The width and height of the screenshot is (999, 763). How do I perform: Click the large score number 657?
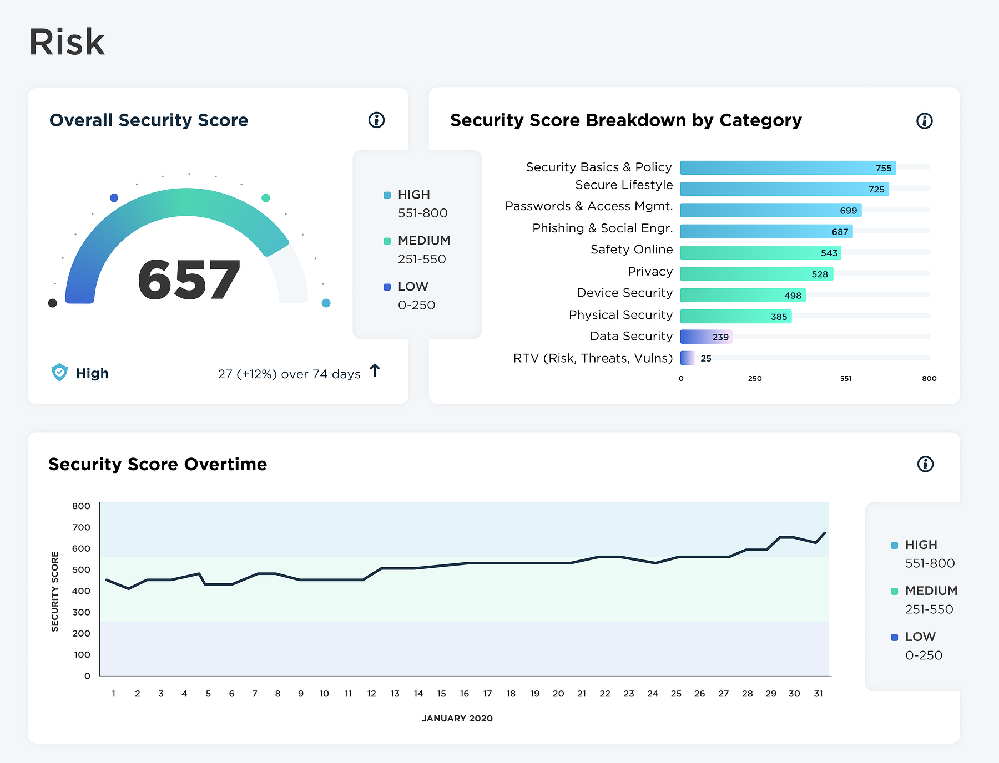(x=189, y=281)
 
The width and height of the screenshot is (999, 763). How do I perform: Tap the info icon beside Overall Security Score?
(x=376, y=120)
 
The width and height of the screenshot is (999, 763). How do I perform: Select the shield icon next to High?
(x=59, y=372)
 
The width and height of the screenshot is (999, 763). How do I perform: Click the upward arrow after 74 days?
(x=375, y=370)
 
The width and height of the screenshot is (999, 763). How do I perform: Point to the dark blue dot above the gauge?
(x=114, y=198)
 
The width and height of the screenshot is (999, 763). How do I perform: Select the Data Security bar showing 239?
(x=705, y=337)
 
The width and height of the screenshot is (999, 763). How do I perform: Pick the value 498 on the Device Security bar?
(x=793, y=296)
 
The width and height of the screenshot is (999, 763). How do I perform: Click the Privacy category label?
(x=650, y=272)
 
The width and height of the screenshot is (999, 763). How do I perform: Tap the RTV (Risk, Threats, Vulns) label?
(x=593, y=358)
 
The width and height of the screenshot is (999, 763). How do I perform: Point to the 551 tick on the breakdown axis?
(x=845, y=379)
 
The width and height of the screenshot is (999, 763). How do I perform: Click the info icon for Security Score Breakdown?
(x=924, y=120)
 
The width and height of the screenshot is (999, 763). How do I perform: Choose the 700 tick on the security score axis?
(x=81, y=527)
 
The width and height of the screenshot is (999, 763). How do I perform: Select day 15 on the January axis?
(x=441, y=694)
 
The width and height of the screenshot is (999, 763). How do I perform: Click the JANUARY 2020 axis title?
(x=457, y=718)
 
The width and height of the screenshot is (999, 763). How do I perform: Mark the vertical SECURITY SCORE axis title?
(x=55, y=591)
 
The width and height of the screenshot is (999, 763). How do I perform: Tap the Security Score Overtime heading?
(x=158, y=464)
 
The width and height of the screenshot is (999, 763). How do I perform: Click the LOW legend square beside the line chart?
(x=894, y=637)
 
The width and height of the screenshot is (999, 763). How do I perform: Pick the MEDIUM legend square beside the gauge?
(x=387, y=241)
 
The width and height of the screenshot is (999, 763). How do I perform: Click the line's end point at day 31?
(x=825, y=533)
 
